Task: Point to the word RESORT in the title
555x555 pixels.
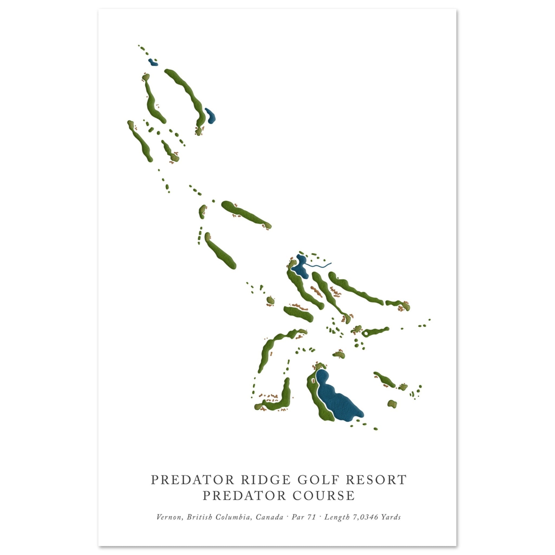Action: point(374,480)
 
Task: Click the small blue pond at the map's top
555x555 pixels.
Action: point(153,62)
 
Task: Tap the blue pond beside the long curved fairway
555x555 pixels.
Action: point(210,115)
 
